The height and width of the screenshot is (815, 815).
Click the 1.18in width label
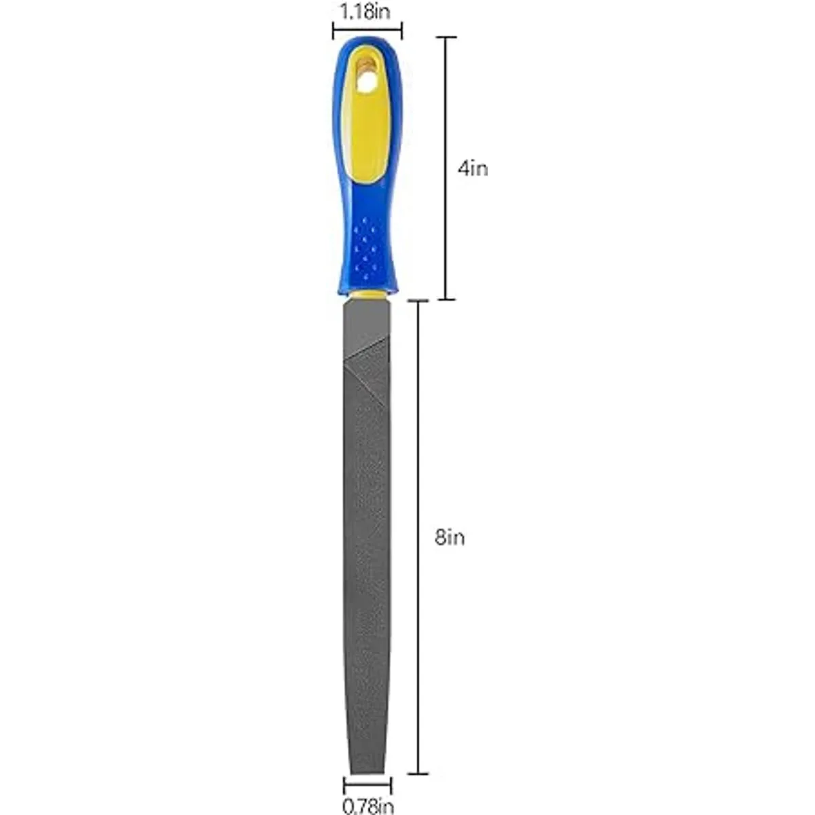coord(365,12)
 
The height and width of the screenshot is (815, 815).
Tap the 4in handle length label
coord(473,169)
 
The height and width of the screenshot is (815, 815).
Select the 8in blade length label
coord(450,538)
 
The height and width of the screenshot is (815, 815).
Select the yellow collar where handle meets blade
coord(367,294)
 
